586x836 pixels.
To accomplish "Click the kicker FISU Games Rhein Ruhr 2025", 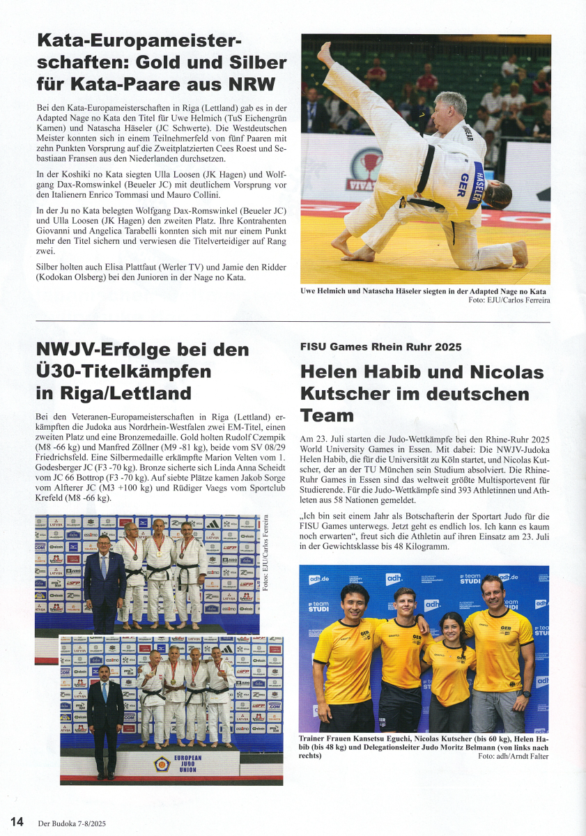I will tap(380, 347).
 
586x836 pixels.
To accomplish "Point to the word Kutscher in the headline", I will tap(345, 394).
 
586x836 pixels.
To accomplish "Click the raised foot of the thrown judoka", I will tap(325, 53).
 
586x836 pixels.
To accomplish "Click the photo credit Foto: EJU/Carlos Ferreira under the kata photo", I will tap(509, 300).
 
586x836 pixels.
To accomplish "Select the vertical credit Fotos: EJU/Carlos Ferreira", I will tap(265, 553).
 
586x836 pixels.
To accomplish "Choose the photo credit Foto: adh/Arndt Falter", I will tap(514, 756).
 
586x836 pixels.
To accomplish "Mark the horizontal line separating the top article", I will tap(293, 322).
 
